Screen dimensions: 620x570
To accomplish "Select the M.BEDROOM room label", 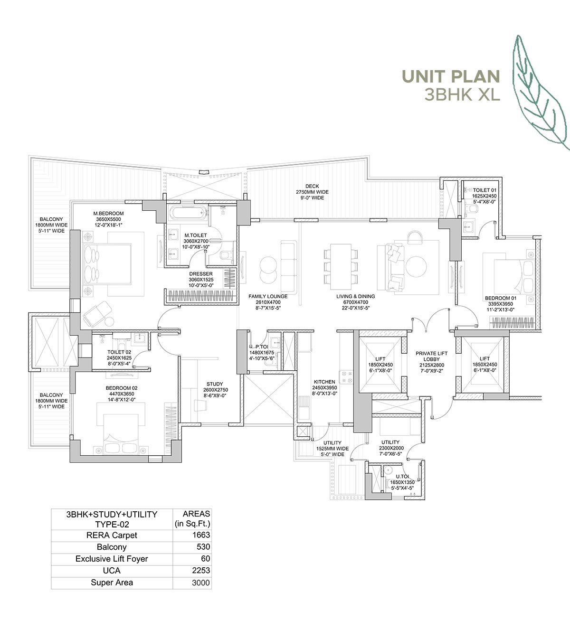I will [x=108, y=213].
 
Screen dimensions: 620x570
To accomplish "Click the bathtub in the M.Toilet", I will [x=186, y=213].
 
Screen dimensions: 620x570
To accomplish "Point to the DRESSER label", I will [x=201, y=274].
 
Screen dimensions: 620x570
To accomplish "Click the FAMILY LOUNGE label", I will [x=268, y=296].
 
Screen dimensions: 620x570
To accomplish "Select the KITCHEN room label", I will [x=324, y=382].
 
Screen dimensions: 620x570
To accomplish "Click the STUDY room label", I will [x=214, y=384].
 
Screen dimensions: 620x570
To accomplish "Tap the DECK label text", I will [x=312, y=186].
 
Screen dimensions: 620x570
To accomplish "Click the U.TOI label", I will [x=402, y=476].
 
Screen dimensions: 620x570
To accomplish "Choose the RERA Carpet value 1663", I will [x=202, y=535].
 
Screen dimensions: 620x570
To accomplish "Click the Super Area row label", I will [x=112, y=582].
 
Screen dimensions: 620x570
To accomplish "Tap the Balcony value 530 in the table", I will [x=203, y=547].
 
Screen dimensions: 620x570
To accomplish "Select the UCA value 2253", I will [x=202, y=571].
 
